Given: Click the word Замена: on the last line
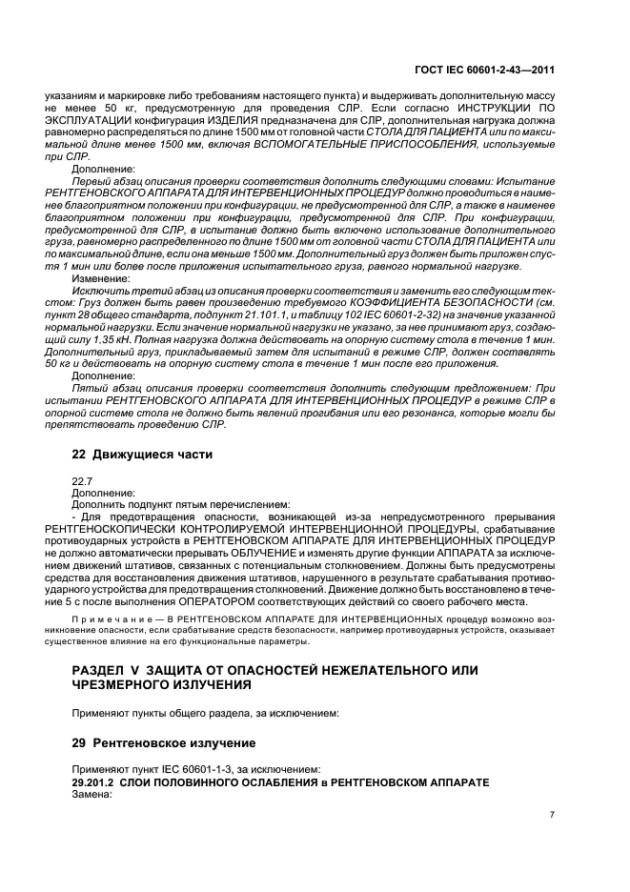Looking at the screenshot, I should (92, 795).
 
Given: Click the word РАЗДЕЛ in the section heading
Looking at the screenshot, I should (100, 672).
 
